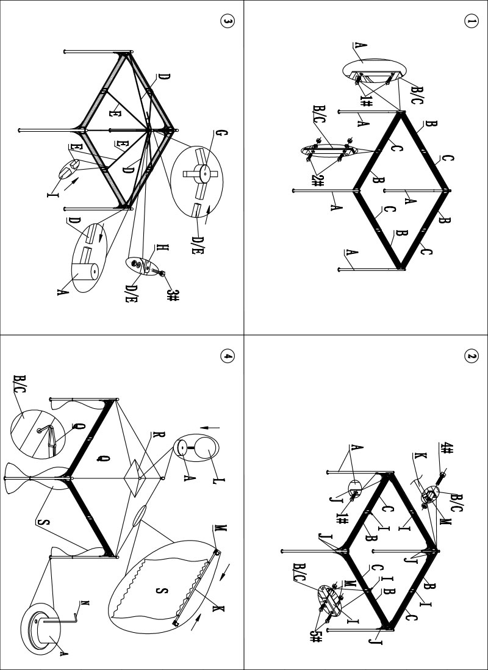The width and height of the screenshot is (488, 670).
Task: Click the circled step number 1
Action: (x=471, y=20)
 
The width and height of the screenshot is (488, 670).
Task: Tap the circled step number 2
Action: (x=471, y=355)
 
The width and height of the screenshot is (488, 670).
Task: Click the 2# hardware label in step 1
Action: (x=318, y=180)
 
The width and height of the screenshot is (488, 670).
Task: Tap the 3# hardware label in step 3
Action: (x=173, y=295)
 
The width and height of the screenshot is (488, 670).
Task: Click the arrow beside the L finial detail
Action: (x=217, y=425)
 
